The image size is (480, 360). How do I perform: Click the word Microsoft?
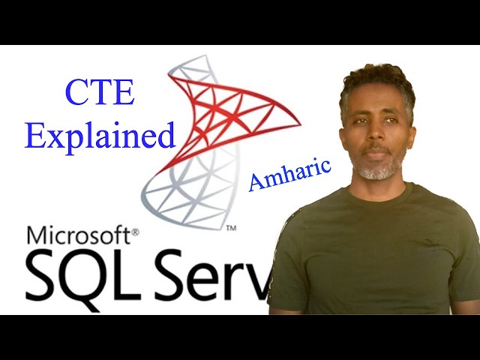(x=78, y=236)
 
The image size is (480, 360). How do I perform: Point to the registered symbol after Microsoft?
(x=135, y=232)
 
